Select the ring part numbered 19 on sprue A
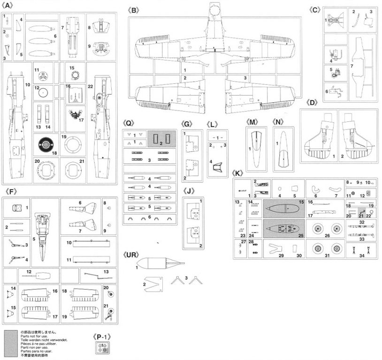[73, 144]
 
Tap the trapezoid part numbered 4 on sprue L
[216, 166]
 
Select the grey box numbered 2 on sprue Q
[161, 140]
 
